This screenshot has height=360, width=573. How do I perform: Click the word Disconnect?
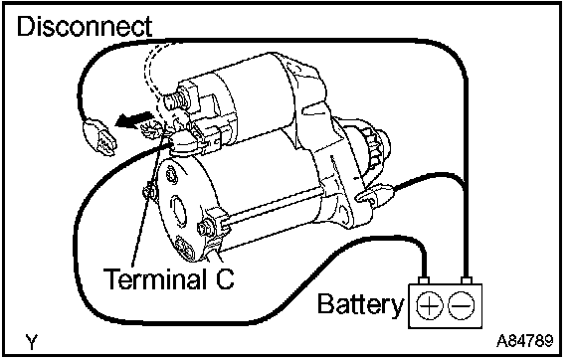85,26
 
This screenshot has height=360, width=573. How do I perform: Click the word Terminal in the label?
154,278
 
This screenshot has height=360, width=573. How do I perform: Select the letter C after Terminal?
224,279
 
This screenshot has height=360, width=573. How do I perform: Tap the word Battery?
361,304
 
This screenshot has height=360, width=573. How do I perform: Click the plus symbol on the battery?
430,305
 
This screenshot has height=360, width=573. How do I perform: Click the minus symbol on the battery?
462,305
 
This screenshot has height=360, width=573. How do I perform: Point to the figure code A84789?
525,341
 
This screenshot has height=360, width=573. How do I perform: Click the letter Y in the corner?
32,342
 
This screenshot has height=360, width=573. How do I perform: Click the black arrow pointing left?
133,119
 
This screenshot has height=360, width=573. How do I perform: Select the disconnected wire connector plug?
100,139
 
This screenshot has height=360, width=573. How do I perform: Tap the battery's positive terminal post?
424,280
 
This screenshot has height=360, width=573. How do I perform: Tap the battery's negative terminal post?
466,280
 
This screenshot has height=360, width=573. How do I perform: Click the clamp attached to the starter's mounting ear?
375,193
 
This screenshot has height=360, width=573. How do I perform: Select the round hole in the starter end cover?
180,210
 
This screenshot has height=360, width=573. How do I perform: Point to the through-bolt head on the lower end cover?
203,228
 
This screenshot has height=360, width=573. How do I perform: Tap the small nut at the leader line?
149,192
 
